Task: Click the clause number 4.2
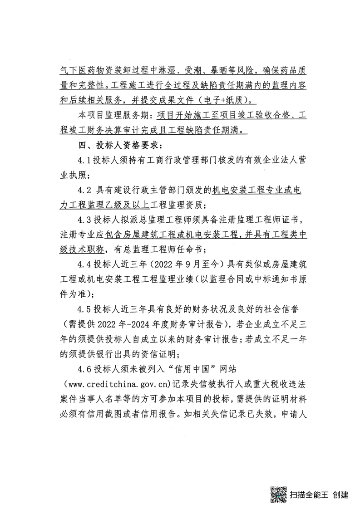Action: click(85, 189)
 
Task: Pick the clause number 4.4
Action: click(85, 263)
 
